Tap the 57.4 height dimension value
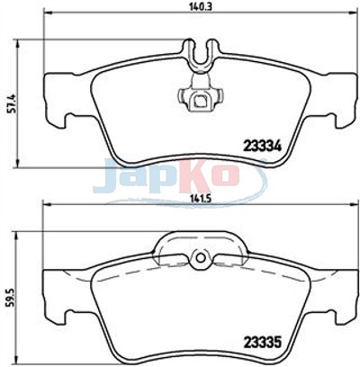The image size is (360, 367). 12,103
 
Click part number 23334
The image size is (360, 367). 263,146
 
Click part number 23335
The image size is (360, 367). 263,342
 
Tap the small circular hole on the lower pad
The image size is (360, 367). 201,257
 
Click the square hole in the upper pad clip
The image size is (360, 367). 199,99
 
